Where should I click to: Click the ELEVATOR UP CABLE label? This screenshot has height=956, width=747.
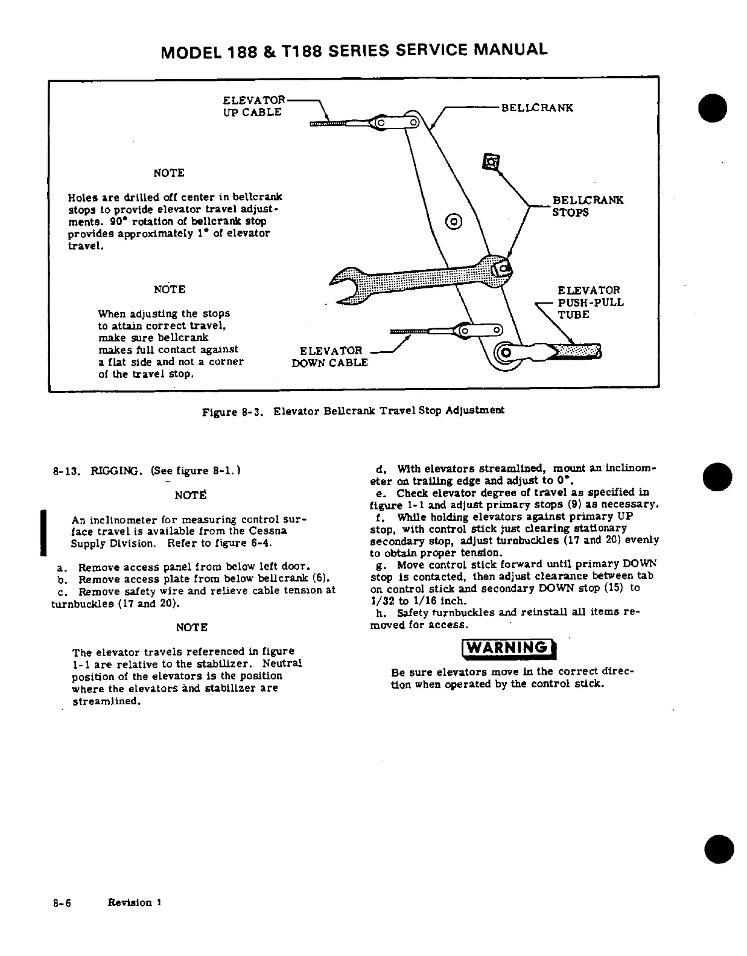point(253,106)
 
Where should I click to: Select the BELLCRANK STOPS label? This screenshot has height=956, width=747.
point(587,206)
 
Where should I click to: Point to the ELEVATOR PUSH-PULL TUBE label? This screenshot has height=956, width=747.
point(590,302)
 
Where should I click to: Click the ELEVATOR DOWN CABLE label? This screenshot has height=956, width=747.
point(330,356)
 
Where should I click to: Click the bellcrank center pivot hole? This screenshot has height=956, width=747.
point(453,221)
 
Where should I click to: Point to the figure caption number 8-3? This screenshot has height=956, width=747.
point(250,412)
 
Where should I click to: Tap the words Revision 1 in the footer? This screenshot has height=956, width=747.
point(134,903)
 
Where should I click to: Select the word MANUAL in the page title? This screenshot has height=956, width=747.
point(511,50)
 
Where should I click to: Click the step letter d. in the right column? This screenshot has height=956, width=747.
point(380,469)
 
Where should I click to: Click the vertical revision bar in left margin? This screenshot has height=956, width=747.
point(43,532)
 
